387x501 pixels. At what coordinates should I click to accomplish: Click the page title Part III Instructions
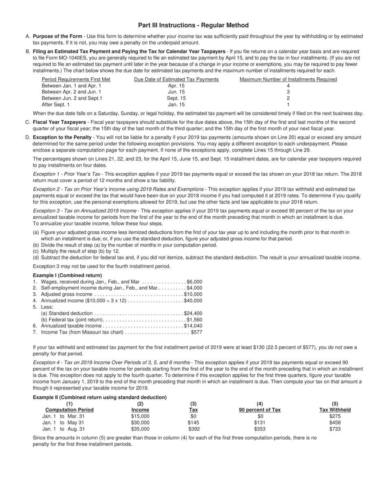(x=193, y=25)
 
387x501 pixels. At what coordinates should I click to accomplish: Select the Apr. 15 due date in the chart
(x=176, y=86)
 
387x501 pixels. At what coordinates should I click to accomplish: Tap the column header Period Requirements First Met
(x=76, y=79)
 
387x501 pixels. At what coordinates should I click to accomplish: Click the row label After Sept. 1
(x=56, y=105)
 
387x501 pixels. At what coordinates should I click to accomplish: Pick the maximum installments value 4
(x=288, y=86)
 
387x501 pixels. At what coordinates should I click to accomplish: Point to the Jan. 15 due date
(x=176, y=105)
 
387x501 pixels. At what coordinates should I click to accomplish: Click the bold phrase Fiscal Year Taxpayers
(x=59, y=122)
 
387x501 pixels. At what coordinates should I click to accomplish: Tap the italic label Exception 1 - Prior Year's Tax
(x=66, y=174)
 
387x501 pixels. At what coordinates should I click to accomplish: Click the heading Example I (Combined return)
(x=67, y=275)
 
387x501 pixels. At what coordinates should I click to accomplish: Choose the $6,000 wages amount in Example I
(x=194, y=282)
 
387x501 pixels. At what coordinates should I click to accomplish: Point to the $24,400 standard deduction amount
(x=193, y=313)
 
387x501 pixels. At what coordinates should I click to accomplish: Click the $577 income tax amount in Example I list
(x=196, y=332)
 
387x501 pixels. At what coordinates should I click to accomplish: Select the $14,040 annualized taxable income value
(x=193, y=326)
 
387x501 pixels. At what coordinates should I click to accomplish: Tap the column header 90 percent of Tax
(x=259, y=410)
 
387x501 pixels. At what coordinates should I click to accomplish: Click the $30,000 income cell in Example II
(x=140, y=422)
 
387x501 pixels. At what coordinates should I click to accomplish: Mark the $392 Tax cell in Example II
(x=193, y=429)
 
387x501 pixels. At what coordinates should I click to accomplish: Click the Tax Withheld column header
(x=335, y=410)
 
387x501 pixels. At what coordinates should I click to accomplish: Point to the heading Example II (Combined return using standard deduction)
(x=100, y=397)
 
